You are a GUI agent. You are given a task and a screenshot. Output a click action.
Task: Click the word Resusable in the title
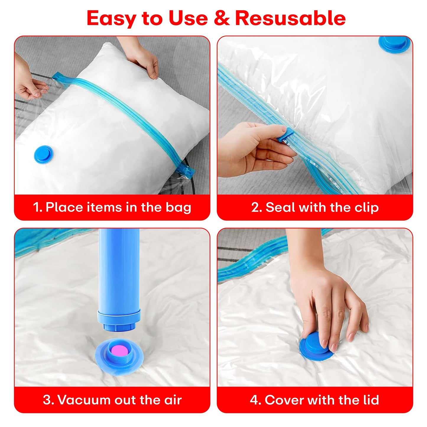(x=290, y=18)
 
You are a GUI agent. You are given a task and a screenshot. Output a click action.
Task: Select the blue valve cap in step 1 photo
(x=44, y=154)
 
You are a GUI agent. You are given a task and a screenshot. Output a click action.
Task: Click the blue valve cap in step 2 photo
(x=394, y=44)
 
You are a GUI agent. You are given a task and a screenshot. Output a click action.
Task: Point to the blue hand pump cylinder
(x=119, y=272)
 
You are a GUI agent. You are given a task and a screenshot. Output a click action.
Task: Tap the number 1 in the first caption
(x=37, y=207)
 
